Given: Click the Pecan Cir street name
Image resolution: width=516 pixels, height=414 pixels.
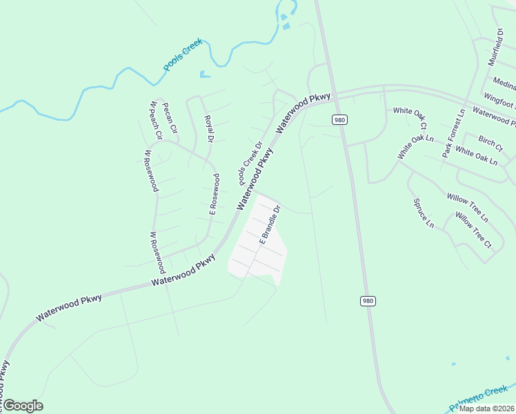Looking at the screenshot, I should pyautogui.click(x=169, y=118).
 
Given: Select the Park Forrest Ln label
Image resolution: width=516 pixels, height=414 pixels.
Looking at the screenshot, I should pyautogui.click(x=454, y=133).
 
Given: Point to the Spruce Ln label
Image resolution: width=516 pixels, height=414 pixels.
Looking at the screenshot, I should pyautogui.click(x=423, y=213).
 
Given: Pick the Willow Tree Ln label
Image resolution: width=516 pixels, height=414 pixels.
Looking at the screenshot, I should pyautogui.click(x=467, y=208).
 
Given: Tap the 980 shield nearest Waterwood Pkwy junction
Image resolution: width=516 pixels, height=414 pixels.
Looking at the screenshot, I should pyautogui.click(x=339, y=120).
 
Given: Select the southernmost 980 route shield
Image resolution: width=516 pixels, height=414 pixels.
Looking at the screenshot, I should pyautogui.click(x=368, y=301).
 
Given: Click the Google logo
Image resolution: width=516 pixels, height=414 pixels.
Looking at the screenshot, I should pyautogui.click(x=23, y=406).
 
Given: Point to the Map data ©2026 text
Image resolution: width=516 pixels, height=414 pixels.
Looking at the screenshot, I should pyautogui.click(x=487, y=408).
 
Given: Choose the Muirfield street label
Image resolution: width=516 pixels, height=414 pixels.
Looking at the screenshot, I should pyautogui.click(x=497, y=47).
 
